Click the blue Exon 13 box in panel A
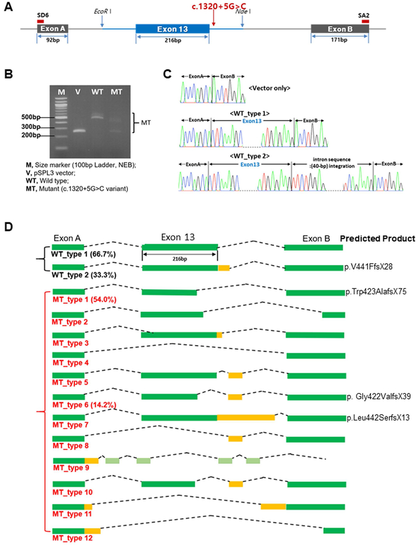[172, 29]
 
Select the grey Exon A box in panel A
[52, 29]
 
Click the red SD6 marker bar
[40, 21]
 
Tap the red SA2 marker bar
[365, 21]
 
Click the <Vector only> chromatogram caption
[270, 87]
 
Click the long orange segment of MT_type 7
[246, 418]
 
